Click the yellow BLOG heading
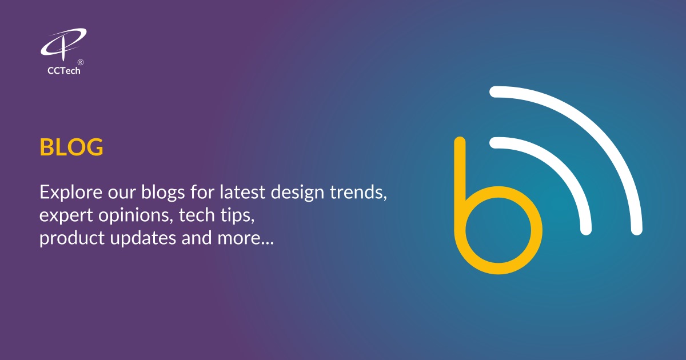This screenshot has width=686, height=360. point(71,147)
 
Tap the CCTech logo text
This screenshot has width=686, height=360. point(63,71)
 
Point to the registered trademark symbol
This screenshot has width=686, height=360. point(81,62)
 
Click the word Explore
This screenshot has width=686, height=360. point(65,193)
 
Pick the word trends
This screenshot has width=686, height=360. point(358,192)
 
